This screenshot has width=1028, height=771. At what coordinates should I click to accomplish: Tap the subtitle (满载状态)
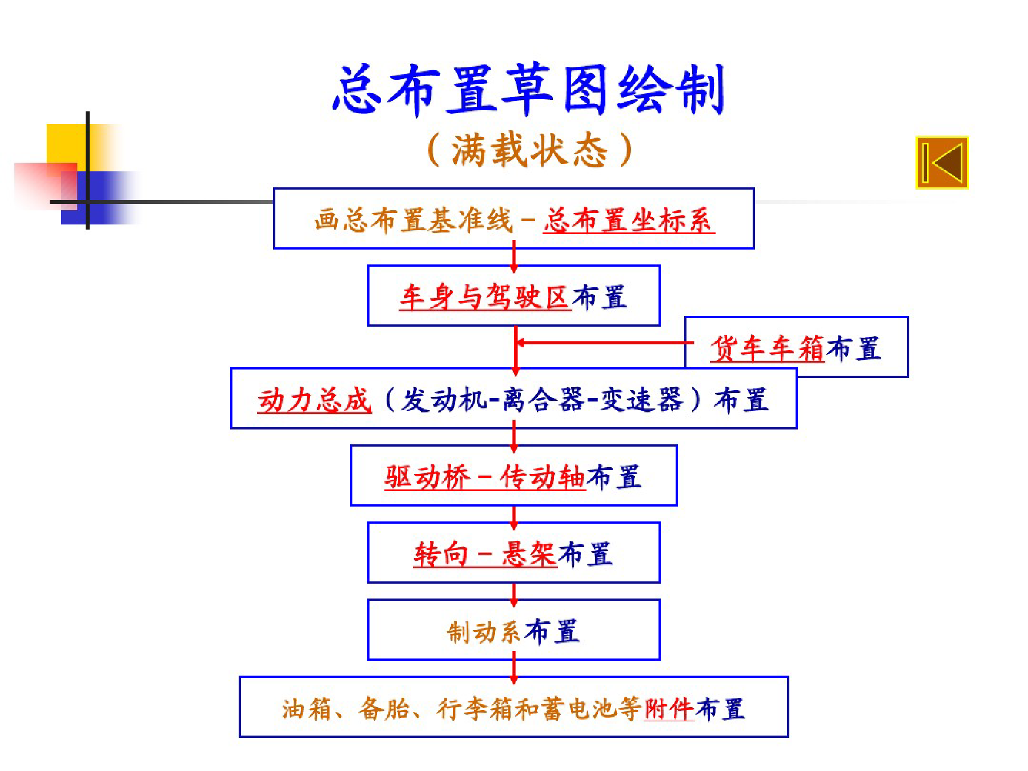530,150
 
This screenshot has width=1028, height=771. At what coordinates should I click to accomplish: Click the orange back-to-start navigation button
942,162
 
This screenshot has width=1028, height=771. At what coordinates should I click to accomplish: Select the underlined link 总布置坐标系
628,220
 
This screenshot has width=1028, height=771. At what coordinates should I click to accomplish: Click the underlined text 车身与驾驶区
485,297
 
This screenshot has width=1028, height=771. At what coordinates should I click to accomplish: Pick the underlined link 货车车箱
768,348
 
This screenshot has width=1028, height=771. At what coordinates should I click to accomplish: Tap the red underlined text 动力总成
315,400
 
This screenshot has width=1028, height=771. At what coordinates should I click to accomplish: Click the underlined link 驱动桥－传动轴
485,477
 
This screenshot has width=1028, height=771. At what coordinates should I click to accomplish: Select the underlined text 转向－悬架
485,554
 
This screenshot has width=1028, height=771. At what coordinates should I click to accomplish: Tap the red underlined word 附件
669,709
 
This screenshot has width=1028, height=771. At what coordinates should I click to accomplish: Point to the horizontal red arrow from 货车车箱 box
604,343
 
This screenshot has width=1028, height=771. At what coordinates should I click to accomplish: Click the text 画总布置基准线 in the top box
413,220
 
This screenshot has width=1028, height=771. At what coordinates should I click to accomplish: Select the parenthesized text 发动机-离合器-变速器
541,400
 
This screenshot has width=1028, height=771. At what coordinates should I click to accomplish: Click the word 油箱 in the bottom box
307,709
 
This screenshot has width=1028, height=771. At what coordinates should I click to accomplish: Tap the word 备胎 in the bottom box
384,709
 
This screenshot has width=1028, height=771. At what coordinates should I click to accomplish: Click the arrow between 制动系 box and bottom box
514,668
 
